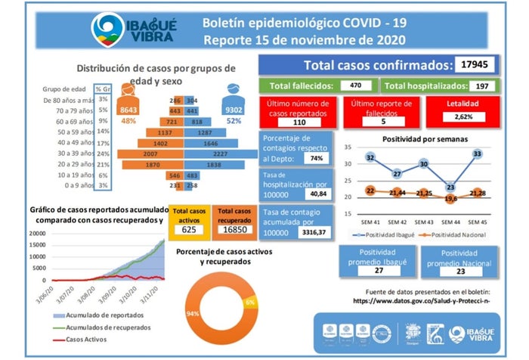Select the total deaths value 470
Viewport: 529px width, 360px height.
pyautogui.click(x=358, y=86)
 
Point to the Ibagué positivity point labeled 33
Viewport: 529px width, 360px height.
pyautogui.click(x=477, y=154)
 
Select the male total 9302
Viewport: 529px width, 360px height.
pyautogui.click(x=234, y=110)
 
